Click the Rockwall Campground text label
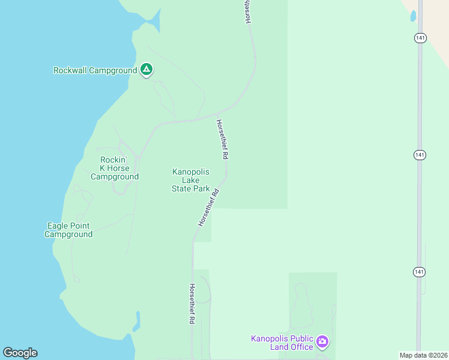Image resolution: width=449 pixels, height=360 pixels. pyautogui.click(x=95, y=70)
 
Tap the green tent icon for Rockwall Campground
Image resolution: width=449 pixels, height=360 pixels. pyautogui.click(x=146, y=70)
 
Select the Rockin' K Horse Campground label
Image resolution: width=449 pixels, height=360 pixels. pyautogui.click(x=115, y=168)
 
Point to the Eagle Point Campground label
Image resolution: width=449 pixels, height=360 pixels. pyautogui.click(x=68, y=230)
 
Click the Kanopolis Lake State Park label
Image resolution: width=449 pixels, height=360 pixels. pyautogui.click(x=191, y=180)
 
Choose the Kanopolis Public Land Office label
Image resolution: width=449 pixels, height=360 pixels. pyautogui.click(x=282, y=342)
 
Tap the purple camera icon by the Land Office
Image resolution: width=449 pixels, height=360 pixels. pyautogui.click(x=322, y=342)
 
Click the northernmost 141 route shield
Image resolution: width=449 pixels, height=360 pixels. pyautogui.click(x=420, y=38)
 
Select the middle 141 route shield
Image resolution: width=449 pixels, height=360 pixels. pyautogui.click(x=420, y=155)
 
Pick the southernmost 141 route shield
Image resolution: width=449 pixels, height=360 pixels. pyautogui.click(x=420, y=272)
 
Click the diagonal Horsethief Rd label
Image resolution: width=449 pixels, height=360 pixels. pyautogui.click(x=208, y=208)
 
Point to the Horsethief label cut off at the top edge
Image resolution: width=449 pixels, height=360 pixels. pyautogui.click(x=247, y=12)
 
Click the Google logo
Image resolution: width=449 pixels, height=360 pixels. pyautogui.click(x=20, y=353)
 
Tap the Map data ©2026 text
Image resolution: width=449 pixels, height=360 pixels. pyautogui.click(x=423, y=355)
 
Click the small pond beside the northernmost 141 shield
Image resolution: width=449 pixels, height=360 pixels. pyautogui.click(x=413, y=16)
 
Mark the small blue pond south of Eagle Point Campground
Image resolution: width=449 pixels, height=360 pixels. pyautogui.click(x=137, y=320)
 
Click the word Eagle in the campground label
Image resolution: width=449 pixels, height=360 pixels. pyautogui.click(x=58, y=226)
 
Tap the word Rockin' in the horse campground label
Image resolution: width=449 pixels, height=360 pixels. pyautogui.click(x=114, y=160)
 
